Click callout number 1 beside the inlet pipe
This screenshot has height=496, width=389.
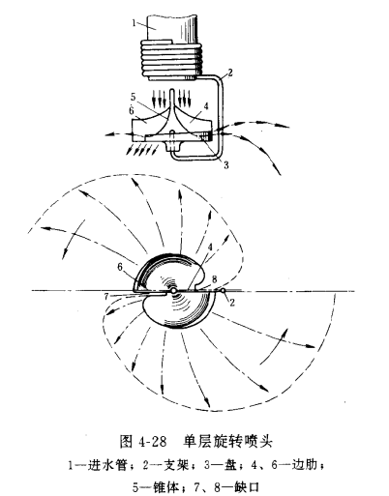[x=135, y=24]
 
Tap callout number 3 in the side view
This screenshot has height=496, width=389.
[x=226, y=164]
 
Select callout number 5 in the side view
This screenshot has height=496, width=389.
[x=135, y=97]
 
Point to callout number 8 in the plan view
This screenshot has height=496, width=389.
[x=216, y=278]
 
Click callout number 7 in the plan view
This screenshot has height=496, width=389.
[x=106, y=296]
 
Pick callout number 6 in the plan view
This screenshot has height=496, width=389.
[x=121, y=267]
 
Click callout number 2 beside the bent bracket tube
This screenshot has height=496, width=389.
[x=229, y=73]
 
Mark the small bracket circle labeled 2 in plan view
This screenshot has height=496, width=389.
[x=223, y=291]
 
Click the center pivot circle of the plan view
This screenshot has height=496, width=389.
[x=173, y=291]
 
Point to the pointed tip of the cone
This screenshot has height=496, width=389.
[x=171, y=90]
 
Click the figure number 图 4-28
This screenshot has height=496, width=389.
[x=142, y=441]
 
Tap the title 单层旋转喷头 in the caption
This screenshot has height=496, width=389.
[x=228, y=441]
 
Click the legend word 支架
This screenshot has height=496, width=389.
[x=176, y=465]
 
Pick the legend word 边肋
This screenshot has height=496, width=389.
[x=305, y=465]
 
